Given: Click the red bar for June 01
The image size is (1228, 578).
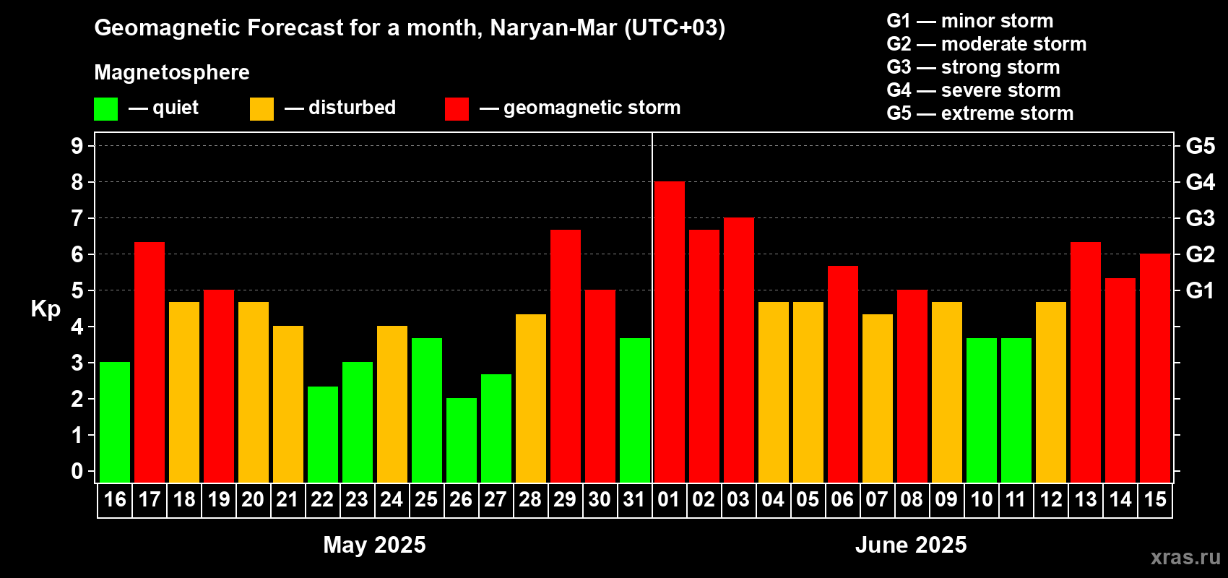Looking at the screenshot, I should pyautogui.click(x=670, y=332).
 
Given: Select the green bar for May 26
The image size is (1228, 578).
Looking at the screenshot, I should pyautogui.click(x=462, y=440).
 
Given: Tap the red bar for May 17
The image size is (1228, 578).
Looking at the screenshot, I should pyautogui.click(x=150, y=362).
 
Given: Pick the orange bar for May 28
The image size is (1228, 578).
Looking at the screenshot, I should pyautogui.click(x=531, y=398).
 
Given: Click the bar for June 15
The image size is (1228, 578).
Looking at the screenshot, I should pyautogui.click(x=1155, y=368).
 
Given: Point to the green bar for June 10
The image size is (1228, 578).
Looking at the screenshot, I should pyautogui.click(x=982, y=410).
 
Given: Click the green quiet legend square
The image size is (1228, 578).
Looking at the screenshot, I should pyautogui.click(x=106, y=109).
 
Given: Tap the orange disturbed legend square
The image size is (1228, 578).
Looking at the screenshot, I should pyautogui.click(x=261, y=109).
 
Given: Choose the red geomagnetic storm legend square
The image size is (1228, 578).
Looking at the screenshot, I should pyautogui.click(x=457, y=109).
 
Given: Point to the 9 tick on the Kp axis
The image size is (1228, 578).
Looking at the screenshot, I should pyautogui.click(x=77, y=146).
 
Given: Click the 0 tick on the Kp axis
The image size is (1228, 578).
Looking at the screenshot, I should pyautogui.click(x=77, y=472).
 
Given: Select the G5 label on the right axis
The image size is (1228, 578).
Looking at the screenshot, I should pyautogui.click(x=1200, y=146).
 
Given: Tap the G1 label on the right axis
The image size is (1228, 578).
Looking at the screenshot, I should pyautogui.click(x=1200, y=290).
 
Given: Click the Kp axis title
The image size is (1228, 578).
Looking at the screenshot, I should pyautogui.click(x=46, y=309).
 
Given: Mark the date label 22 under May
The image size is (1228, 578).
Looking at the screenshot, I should pyautogui.click(x=322, y=499).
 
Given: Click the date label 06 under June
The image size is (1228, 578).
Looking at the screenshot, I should pyautogui.click(x=842, y=499).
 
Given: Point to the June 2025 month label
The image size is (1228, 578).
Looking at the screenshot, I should pyautogui.click(x=911, y=545).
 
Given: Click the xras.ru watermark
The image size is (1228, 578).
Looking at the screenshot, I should pyautogui.click(x=1185, y=556).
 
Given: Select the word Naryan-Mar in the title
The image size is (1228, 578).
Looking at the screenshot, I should pyautogui.click(x=553, y=27).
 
